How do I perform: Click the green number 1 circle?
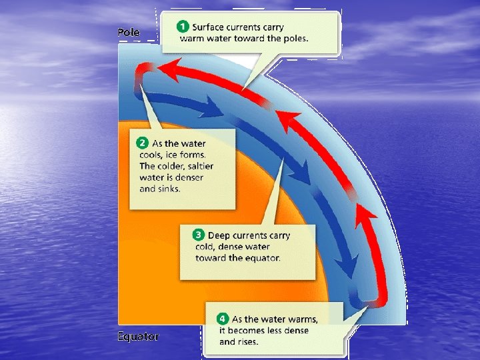[181, 27]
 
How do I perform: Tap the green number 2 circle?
[142, 143]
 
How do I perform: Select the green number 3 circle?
[198, 235]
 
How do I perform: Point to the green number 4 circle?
[222, 319]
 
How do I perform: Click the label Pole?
[129, 32]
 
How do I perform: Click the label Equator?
[138, 337]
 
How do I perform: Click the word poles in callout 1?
[293, 38]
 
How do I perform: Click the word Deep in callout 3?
[219, 235]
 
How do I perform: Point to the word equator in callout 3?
[262, 258]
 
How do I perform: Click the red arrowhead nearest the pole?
[175, 67]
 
